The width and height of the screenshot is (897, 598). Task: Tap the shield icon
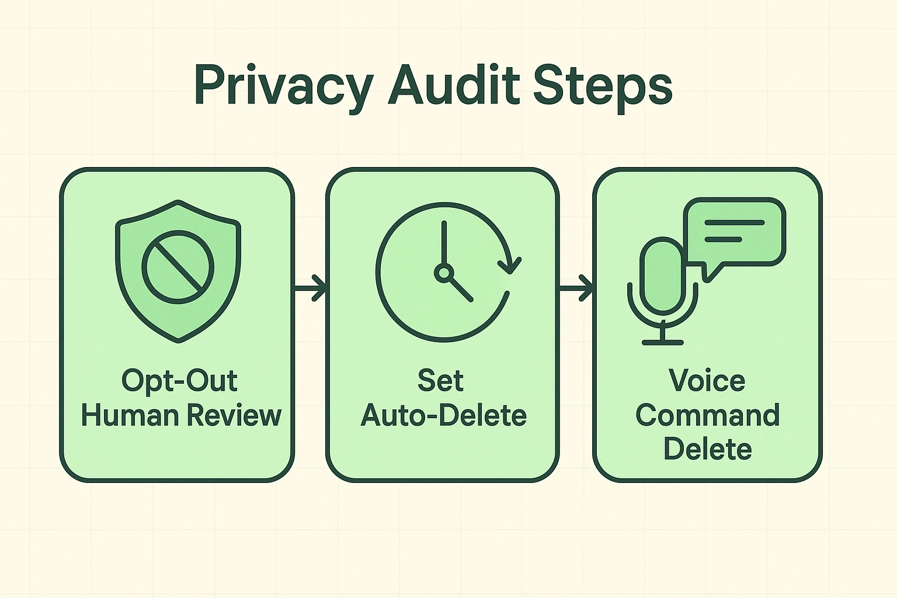[178, 271]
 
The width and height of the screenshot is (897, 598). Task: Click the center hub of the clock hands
[444, 273]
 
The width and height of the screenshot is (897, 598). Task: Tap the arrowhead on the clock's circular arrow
[510, 266]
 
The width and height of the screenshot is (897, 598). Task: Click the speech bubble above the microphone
[735, 232]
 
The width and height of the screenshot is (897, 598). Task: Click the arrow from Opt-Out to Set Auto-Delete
[310, 287]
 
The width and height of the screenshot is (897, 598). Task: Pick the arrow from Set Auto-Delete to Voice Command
[576, 287]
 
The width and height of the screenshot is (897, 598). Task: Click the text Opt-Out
[179, 381]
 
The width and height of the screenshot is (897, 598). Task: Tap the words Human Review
[181, 415]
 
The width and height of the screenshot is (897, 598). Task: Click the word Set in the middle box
[440, 381]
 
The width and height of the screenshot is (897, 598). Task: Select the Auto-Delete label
[444, 415]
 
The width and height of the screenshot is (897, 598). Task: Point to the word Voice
[707, 381]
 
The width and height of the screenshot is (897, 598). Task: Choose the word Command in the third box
[707, 415]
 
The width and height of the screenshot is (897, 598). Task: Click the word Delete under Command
[707, 449]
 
